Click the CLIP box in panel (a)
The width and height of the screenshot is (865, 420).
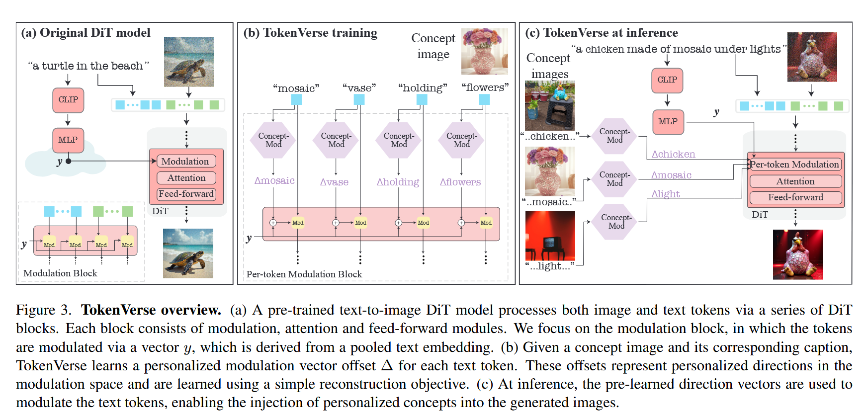tap(68, 100)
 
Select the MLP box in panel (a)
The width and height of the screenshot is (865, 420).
tap(68, 140)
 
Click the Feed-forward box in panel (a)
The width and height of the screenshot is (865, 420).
tap(186, 194)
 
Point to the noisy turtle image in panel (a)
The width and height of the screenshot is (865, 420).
tap(189, 62)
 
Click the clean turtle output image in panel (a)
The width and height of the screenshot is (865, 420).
tap(188, 253)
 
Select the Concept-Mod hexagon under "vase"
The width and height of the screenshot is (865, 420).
tap(336, 140)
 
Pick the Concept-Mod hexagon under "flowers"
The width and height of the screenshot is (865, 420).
tap(461, 140)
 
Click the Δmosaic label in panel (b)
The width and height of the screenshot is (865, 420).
tap(274, 181)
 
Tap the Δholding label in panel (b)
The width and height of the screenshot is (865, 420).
tap(398, 182)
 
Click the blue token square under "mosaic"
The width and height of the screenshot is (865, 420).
tap(296, 100)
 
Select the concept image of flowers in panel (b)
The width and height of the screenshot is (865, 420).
tap(485, 51)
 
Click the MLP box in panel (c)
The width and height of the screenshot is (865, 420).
tap(668, 122)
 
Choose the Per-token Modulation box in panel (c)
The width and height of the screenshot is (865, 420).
tap(794, 165)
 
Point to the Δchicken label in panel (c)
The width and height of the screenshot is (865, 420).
tap(673, 155)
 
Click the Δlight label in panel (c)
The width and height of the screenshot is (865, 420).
tap(666, 194)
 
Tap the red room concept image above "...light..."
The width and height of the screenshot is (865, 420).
tap(550, 236)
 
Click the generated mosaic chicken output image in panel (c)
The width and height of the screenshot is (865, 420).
tap(798, 254)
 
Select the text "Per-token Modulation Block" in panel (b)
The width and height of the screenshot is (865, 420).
tap(304, 274)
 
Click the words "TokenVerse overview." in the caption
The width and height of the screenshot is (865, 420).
tap(151, 310)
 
